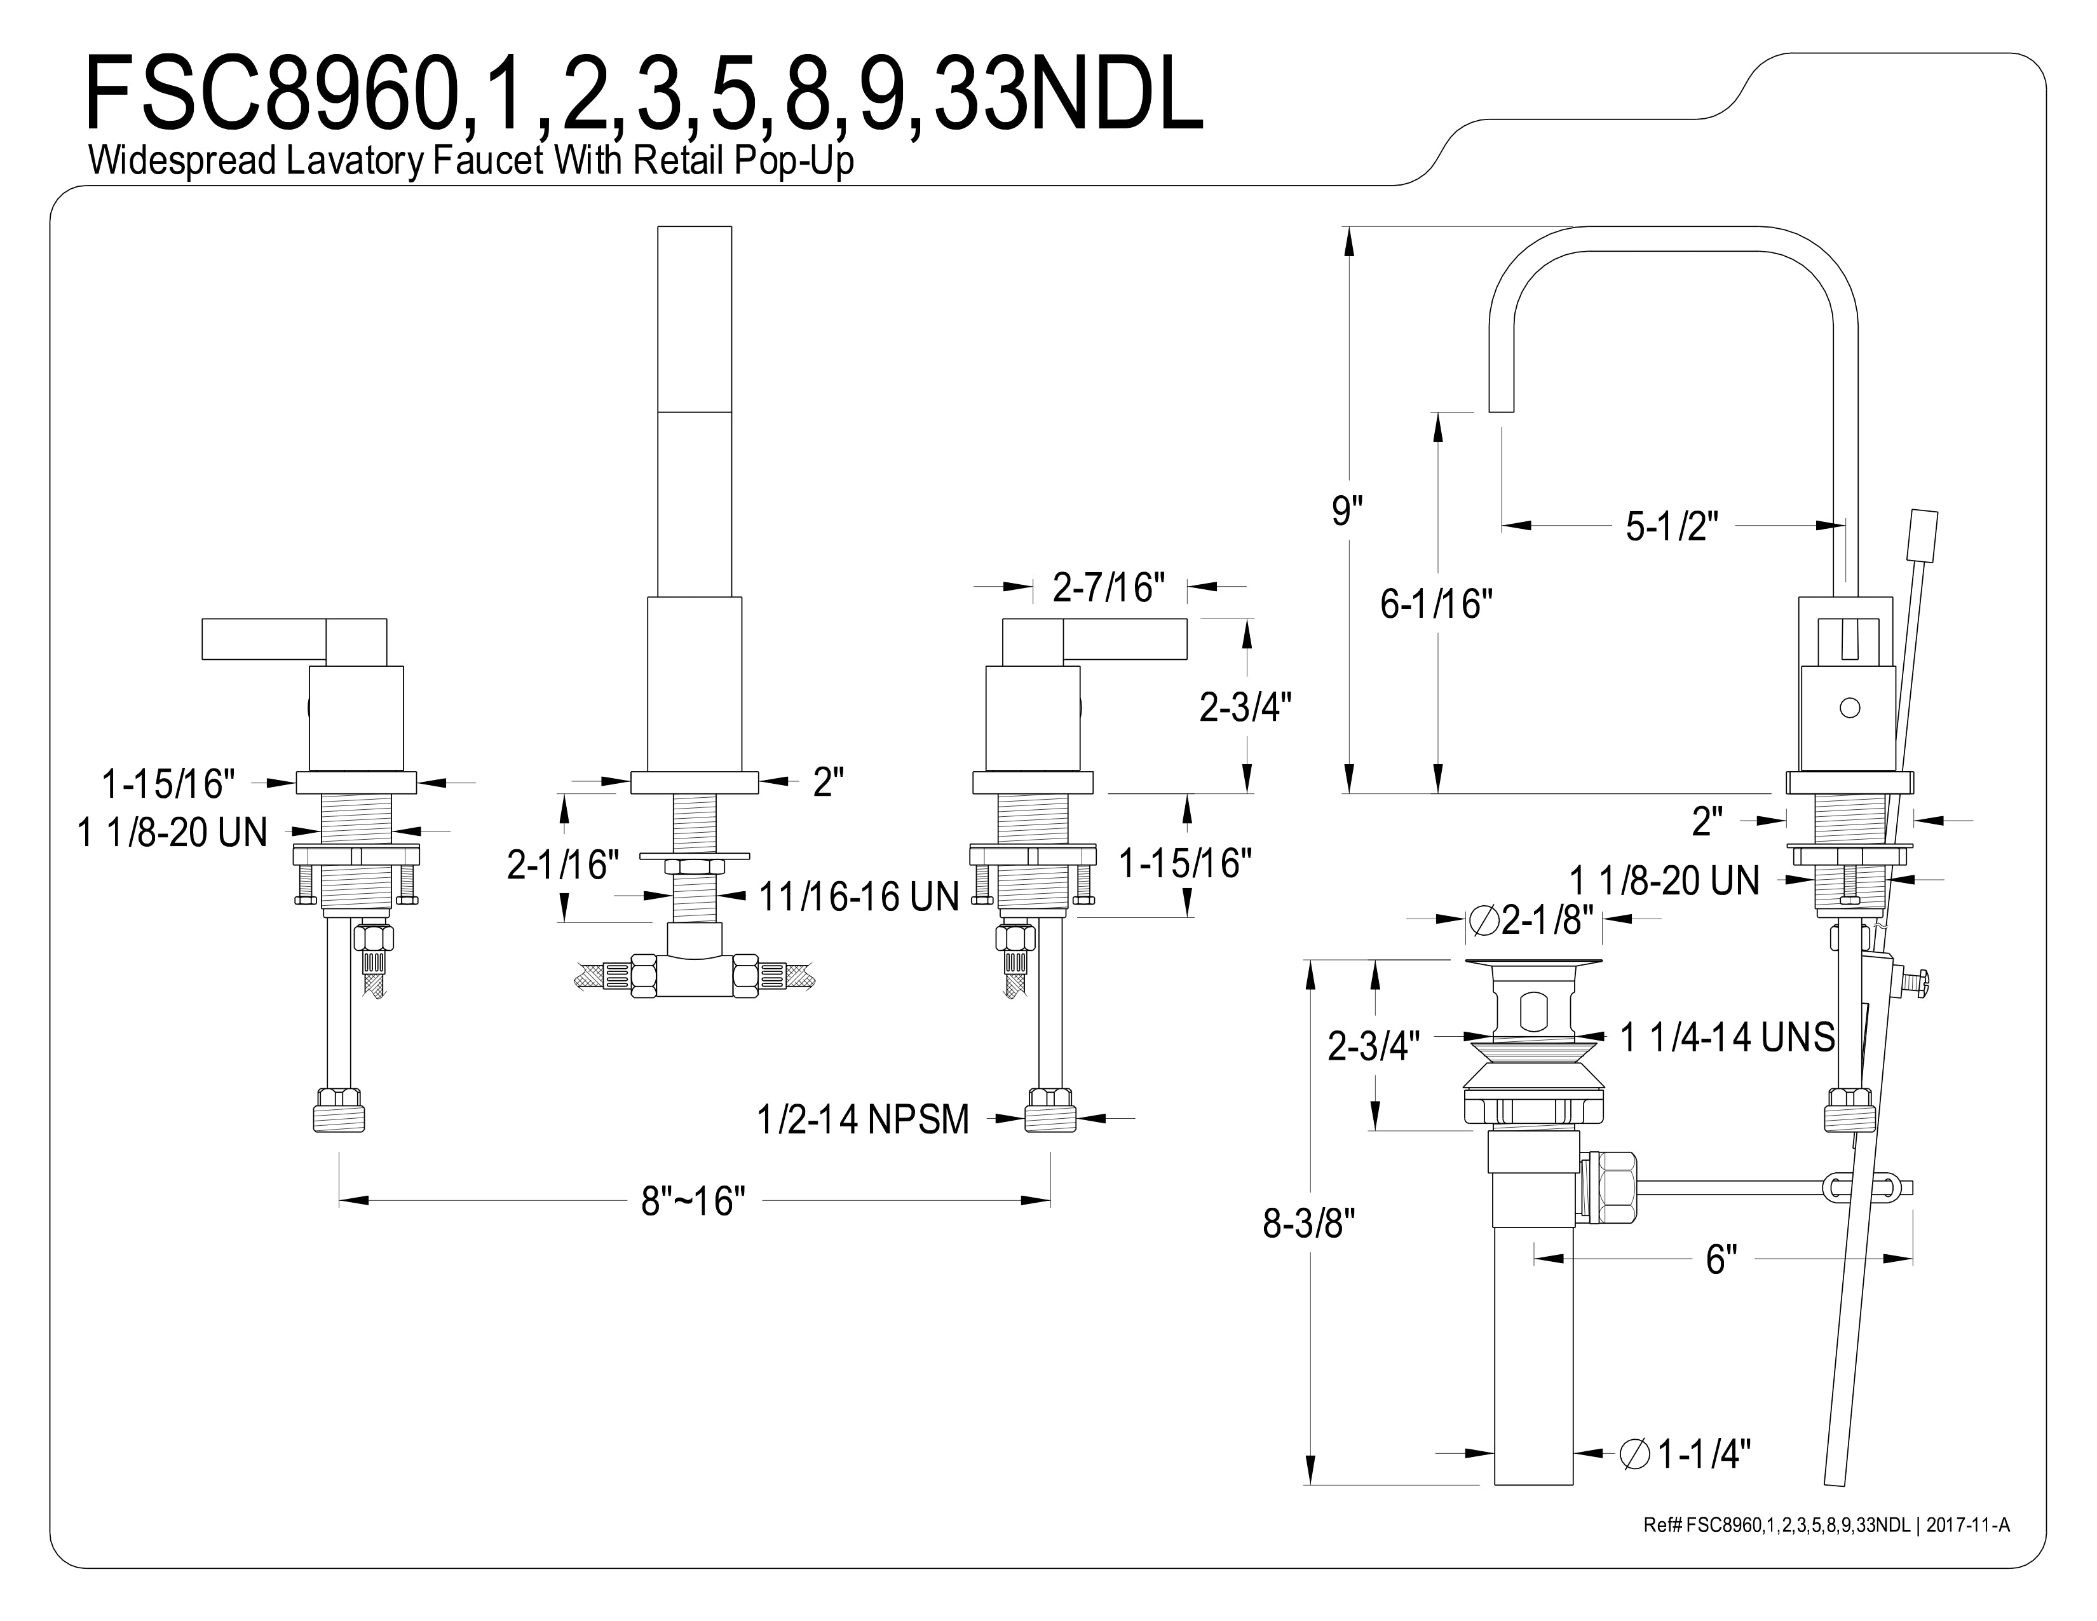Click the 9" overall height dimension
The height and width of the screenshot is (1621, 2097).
1347,511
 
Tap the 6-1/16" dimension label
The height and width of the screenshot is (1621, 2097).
1436,603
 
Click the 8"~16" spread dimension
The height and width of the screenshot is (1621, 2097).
693,1200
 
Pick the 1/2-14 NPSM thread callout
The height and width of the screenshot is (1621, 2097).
863,1119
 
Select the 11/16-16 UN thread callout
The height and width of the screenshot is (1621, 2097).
859,897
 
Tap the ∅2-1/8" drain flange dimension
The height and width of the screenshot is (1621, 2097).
1531,919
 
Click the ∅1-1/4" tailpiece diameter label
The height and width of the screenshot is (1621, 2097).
1685,1454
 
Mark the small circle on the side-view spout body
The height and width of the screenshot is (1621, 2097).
1849,708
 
